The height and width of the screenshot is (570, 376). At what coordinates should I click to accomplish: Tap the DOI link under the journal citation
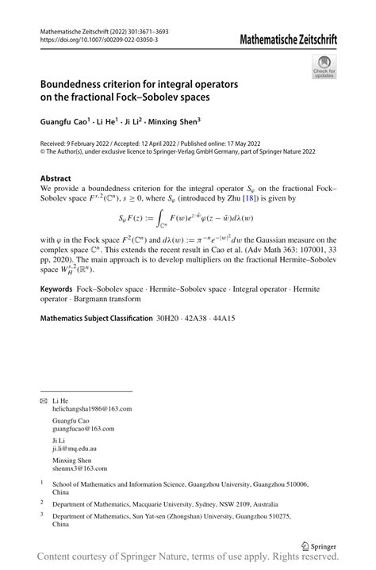coord(98,40)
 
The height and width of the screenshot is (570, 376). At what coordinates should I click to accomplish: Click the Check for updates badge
coord(323,69)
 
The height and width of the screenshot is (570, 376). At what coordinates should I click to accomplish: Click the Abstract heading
coord(56,178)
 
